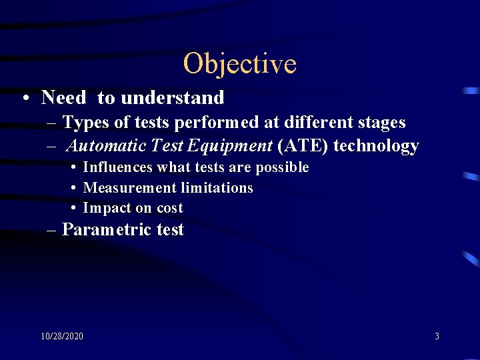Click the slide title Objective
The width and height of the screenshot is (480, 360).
pos(239,64)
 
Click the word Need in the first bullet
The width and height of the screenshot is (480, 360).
pos(63,98)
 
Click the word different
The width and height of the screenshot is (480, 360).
pos(313,123)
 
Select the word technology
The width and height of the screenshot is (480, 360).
pos(376,145)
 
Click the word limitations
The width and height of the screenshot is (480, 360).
pos(215,188)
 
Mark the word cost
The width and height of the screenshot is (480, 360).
pos(169,208)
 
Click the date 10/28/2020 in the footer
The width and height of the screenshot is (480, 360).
pos(62,337)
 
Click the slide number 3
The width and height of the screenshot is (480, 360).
pos(437,337)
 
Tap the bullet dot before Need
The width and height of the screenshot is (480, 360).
pos(24,99)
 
